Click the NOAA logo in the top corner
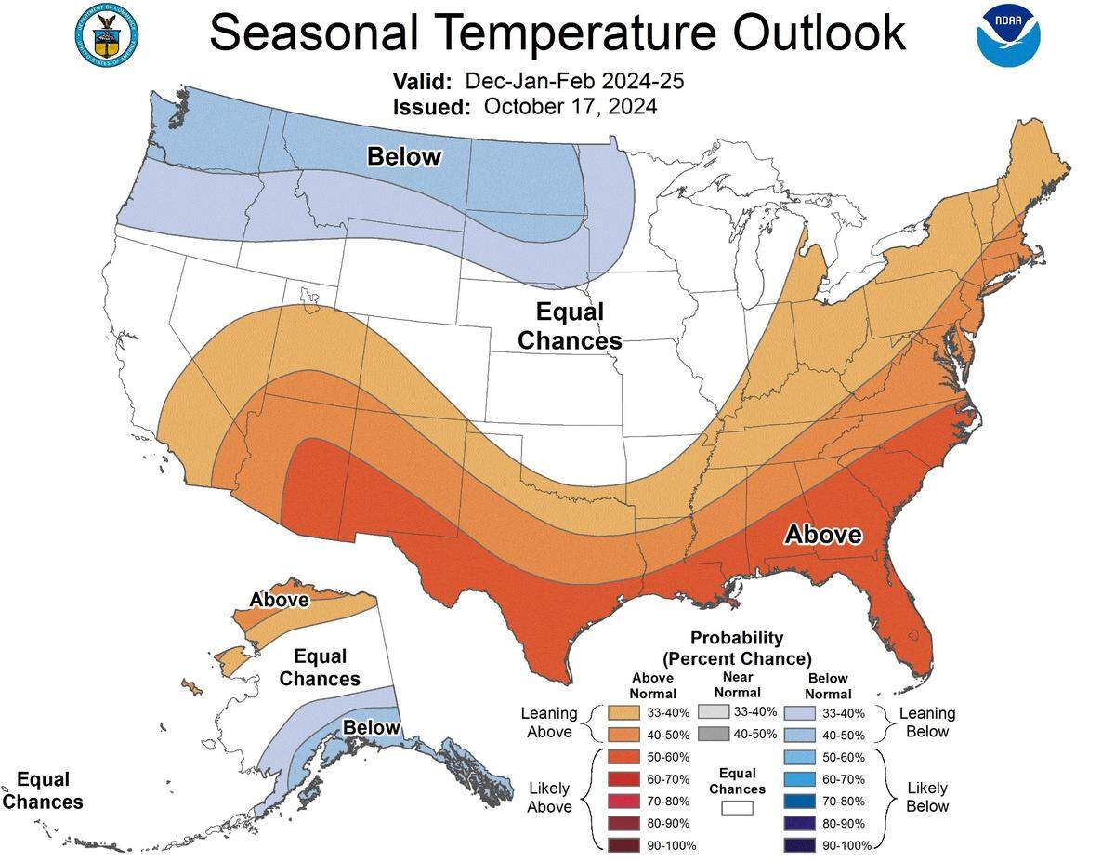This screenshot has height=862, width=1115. click(1008, 34)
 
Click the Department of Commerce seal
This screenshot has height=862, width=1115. click(105, 33)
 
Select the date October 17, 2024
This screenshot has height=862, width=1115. click(571, 106)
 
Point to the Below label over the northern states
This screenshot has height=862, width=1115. click(404, 156)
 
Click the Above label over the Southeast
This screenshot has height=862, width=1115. click(823, 535)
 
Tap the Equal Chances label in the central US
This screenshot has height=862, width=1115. click(569, 326)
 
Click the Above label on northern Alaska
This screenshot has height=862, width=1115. click(279, 600)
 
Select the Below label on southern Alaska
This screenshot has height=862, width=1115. click(372, 727)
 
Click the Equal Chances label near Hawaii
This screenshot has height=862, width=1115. click(43, 790)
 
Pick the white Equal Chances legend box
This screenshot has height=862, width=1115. click(737, 808)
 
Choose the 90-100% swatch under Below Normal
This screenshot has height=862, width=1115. click(798, 844)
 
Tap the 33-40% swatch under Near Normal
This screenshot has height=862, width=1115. click(712, 711)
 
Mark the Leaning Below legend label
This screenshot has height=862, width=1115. click(926, 723)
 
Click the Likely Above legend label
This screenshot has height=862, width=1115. click(549, 798)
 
